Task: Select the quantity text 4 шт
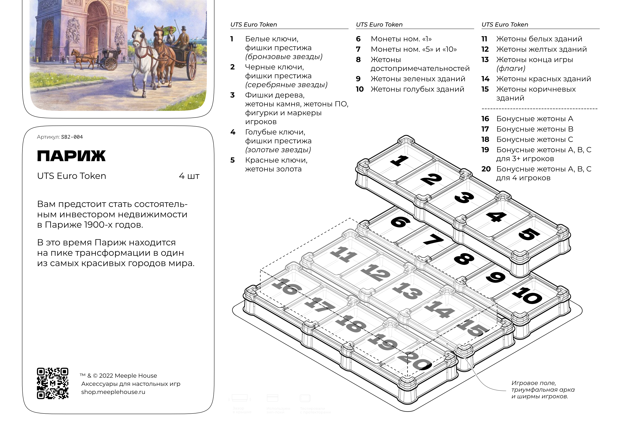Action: [x=189, y=176]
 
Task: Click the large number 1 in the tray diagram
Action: [x=400, y=160]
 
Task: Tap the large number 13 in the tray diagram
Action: [x=407, y=291]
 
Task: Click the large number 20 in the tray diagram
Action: [x=415, y=361]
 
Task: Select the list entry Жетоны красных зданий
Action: [x=543, y=79]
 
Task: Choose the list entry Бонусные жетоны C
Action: [x=535, y=139]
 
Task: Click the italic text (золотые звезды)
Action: [x=278, y=150]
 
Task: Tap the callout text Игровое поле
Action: [x=533, y=383]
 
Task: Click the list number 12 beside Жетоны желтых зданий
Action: [x=485, y=49]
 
